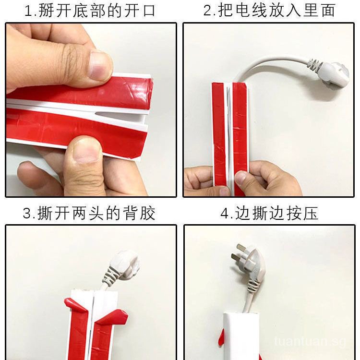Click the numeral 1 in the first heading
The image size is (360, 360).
coord(28,11)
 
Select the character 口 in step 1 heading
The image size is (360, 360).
coord(149,11)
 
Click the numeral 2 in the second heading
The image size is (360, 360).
coord(208,11)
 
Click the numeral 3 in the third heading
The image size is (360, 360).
coord(27,213)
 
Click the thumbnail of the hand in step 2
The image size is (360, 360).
coord(241,177)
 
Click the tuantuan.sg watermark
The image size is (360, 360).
coord(310,341)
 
